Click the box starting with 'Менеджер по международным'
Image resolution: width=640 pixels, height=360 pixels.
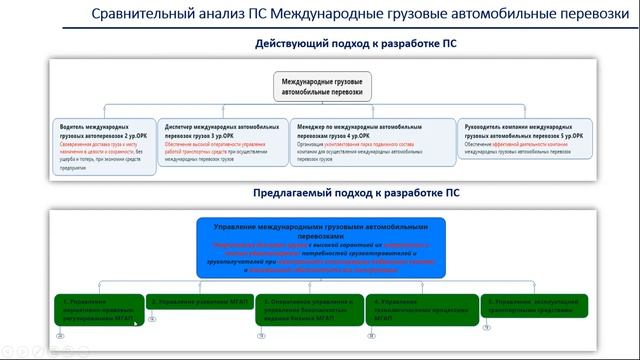tap(369, 142)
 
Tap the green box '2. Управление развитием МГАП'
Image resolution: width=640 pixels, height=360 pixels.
tap(199, 301)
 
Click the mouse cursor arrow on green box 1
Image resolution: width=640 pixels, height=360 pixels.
tap(134, 323)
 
